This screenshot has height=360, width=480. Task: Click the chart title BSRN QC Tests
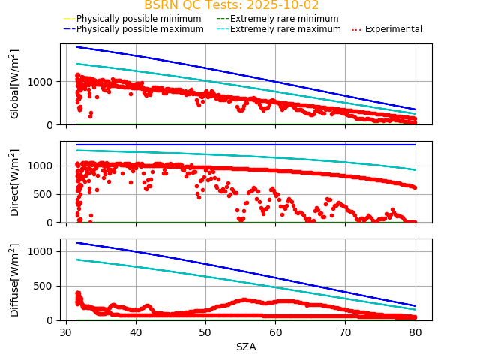click(231, 5)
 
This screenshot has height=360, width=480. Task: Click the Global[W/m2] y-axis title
click(15, 84)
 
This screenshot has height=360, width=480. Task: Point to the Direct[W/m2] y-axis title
click(15, 182)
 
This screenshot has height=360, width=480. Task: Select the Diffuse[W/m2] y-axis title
click(15, 280)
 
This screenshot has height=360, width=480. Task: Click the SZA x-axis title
click(246, 346)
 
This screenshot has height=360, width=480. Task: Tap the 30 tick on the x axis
click(66, 332)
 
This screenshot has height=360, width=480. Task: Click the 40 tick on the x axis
click(136, 332)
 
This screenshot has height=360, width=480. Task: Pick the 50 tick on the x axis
click(205, 332)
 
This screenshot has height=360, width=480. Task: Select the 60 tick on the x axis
click(276, 332)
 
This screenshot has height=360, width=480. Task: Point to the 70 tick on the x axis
click(346, 332)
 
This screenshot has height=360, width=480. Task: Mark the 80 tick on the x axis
click(415, 332)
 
